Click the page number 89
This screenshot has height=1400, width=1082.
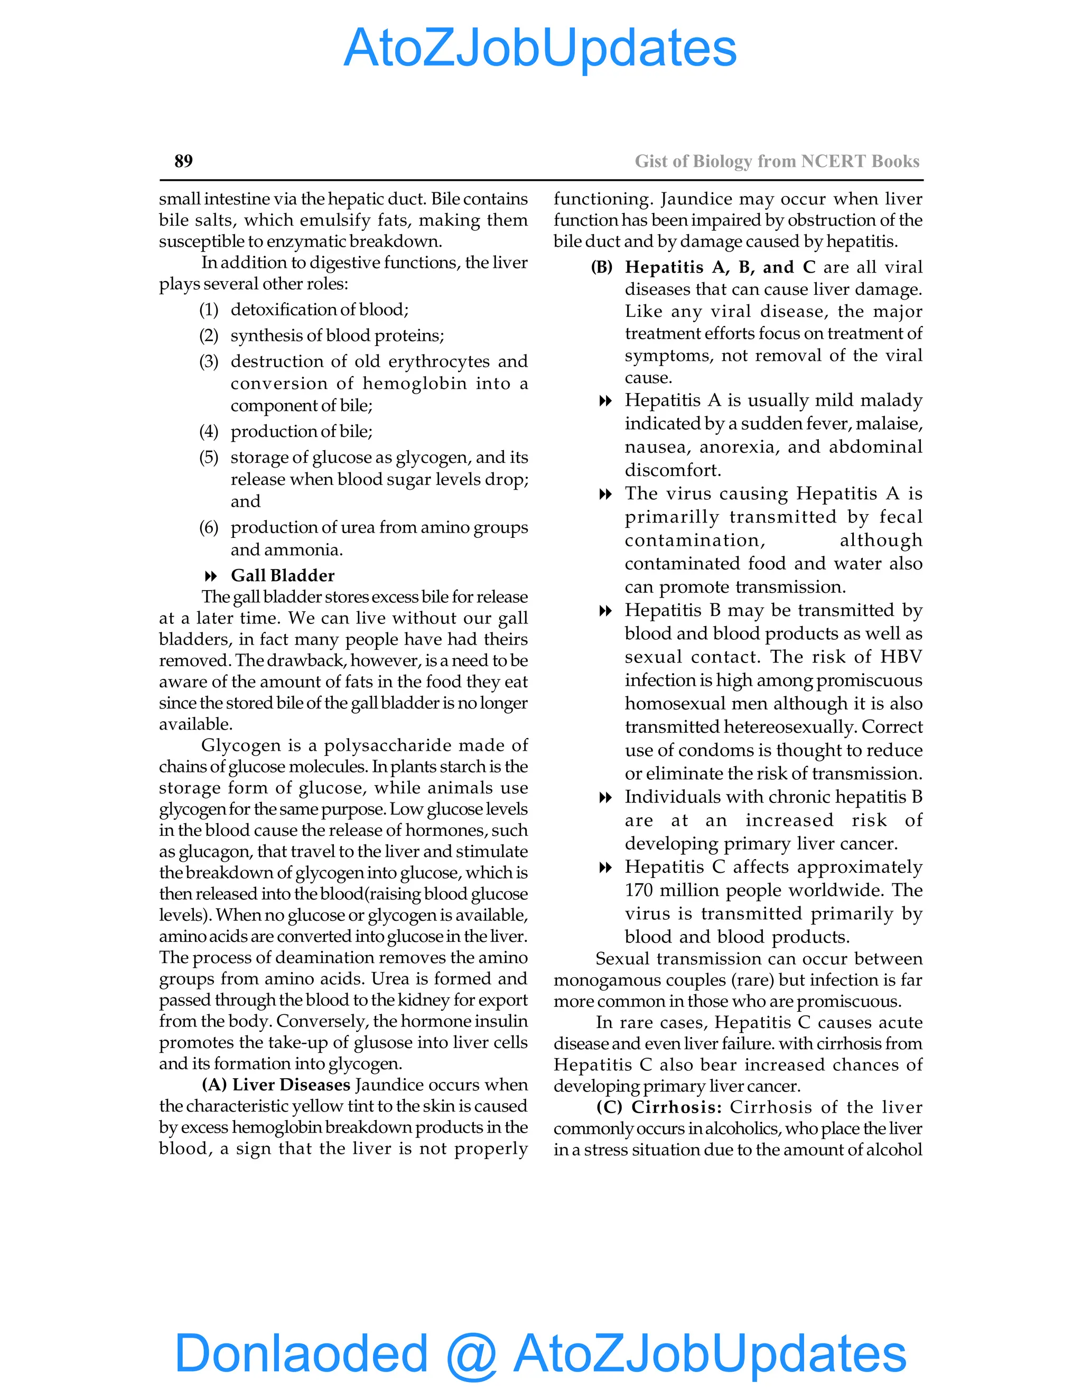pos(183,161)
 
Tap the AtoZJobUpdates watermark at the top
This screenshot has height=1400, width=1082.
pos(540,48)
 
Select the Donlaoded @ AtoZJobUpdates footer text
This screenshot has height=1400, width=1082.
pos(540,1353)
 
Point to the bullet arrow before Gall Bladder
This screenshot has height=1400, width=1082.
pos(210,576)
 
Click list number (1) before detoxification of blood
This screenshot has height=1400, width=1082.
pos(209,310)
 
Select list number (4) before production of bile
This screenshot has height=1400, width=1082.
pos(209,432)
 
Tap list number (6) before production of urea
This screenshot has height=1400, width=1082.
pos(209,528)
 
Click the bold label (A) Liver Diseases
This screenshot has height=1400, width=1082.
pos(276,1085)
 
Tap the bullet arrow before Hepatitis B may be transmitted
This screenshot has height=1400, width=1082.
pos(604,611)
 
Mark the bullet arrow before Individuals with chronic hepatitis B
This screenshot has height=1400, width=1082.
pos(604,797)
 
